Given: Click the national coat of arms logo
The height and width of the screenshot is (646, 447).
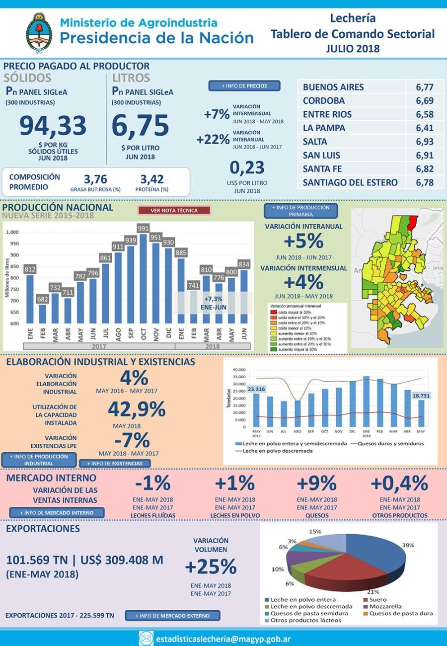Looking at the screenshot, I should pyautogui.click(x=39, y=33).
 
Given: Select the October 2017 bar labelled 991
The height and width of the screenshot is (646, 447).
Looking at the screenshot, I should pyautogui.click(x=144, y=278).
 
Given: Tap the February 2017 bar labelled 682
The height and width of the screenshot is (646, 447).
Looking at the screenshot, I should pyautogui.click(x=43, y=313).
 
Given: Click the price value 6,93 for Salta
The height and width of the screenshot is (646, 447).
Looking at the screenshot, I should pyautogui.click(x=425, y=142).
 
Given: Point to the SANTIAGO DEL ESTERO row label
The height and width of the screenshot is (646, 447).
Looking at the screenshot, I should pyautogui.click(x=350, y=182).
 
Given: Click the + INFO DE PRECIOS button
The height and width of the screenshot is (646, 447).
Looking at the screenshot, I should pyautogui.click(x=244, y=86).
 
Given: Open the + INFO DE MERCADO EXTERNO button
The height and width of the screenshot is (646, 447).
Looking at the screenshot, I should pyautogui.click(x=172, y=616).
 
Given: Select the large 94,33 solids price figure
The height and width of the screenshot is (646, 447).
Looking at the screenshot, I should pyautogui.click(x=53, y=126).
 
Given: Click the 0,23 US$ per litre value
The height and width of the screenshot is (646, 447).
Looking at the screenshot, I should pyautogui.click(x=247, y=167).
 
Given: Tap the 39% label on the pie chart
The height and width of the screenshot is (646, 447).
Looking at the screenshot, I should pyautogui.click(x=408, y=545).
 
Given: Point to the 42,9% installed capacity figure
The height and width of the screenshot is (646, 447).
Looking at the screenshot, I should pyautogui.click(x=137, y=409).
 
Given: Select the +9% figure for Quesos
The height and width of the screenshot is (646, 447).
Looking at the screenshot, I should pyautogui.click(x=316, y=483).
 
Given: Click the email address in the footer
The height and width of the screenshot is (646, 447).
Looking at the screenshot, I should pyautogui.click(x=223, y=638).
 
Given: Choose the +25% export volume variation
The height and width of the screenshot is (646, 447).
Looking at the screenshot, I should pyautogui.click(x=211, y=566).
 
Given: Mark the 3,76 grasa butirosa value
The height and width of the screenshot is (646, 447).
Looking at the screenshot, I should pyautogui.click(x=95, y=179).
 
